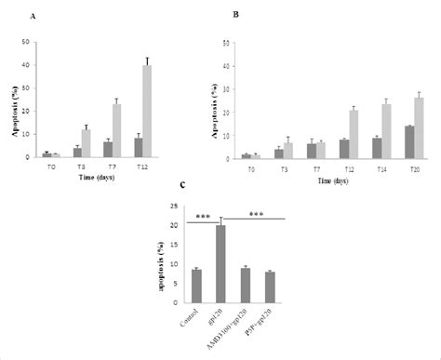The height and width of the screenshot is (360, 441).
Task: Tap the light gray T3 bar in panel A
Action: tap(86, 143)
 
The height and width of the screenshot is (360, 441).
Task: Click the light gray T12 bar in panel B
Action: tap(354, 135)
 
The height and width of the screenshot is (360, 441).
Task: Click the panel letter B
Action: tap(235, 16)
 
